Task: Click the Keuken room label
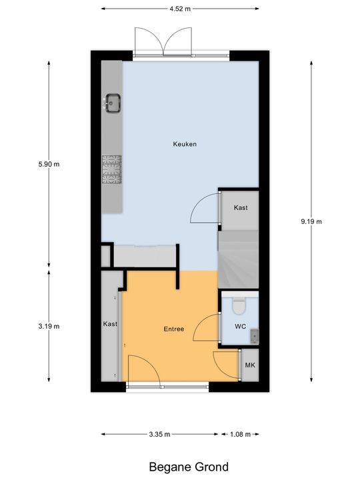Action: point(185,144)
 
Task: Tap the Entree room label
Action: point(174,329)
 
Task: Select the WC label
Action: point(240,326)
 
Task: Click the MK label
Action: point(250,365)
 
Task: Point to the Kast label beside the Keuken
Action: point(241,207)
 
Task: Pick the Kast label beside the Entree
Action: point(110,324)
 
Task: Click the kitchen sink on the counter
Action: point(113,103)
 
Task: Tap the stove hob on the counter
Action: point(112,169)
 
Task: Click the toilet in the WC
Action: point(239,305)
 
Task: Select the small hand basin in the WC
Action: point(255,336)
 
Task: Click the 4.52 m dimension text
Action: point(180,9)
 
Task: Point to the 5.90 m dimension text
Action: point(49,164)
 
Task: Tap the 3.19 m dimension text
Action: point(49,326)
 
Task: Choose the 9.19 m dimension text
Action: point(311,221)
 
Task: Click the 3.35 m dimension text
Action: point(159,434)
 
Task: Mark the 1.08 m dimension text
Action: point(240,434)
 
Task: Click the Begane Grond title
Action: point(189,467)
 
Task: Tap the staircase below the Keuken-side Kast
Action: point(239,259)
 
